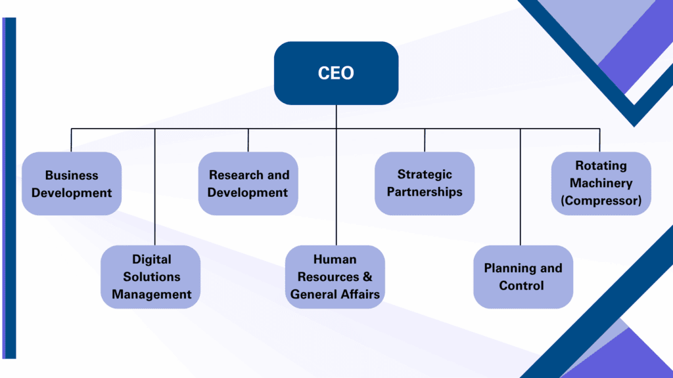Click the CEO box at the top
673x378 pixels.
336,73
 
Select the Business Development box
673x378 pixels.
72,184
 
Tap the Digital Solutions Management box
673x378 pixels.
151,277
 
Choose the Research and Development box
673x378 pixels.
248,184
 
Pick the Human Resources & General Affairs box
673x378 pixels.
335,277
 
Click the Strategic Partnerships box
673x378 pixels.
425,183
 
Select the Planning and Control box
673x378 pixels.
523,277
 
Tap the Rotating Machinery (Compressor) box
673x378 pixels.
601,183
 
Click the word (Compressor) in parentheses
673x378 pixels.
601,201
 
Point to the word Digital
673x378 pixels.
151,259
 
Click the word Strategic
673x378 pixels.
425,175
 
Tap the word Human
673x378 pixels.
335,259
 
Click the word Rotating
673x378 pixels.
601,166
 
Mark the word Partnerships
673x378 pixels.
425,192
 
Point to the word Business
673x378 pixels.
72,175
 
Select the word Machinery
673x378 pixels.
601,183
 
